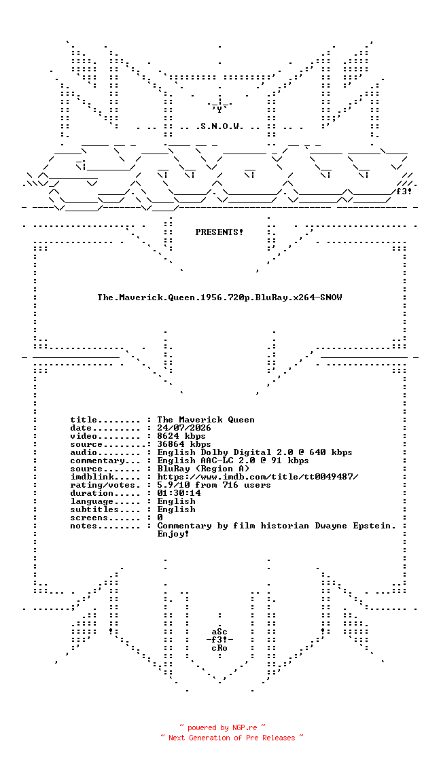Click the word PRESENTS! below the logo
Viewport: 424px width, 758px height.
point(219,232)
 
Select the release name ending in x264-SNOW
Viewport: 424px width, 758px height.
point(219,297)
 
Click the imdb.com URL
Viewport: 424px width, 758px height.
point(258,477)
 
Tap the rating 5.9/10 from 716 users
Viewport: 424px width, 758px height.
point(214,486)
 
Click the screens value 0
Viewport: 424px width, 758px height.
point(160,518)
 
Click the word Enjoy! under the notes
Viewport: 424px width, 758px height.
point(173,534)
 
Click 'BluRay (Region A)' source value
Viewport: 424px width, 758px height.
point(203,469)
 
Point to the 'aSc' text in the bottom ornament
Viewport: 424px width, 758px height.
point(219,632)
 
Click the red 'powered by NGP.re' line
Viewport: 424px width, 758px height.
point(222,727)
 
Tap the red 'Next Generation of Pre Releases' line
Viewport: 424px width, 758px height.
point(232,738)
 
